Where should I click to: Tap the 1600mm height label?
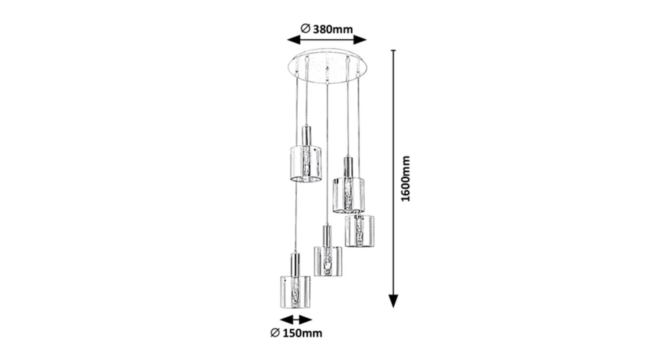point(406,179)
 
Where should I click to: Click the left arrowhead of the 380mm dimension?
point(293,40)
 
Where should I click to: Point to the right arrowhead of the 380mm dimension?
point(360,40)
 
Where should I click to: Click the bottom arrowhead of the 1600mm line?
point(393,301)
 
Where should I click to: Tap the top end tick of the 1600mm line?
point(393,50)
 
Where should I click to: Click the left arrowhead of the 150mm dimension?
point(286,319)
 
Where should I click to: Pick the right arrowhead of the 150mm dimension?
point(305,319)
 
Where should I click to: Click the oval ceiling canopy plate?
point(327,66)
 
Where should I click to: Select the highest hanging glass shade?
point(306,164)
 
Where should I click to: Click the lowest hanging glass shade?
point(296,291)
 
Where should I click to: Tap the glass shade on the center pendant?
point(327,261)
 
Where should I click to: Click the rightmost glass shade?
point(359,231)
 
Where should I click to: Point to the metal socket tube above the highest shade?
point(306,135)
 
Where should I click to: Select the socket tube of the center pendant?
point(327,236)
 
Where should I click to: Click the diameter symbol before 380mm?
point(306,28)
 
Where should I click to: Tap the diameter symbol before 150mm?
point(275,332)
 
